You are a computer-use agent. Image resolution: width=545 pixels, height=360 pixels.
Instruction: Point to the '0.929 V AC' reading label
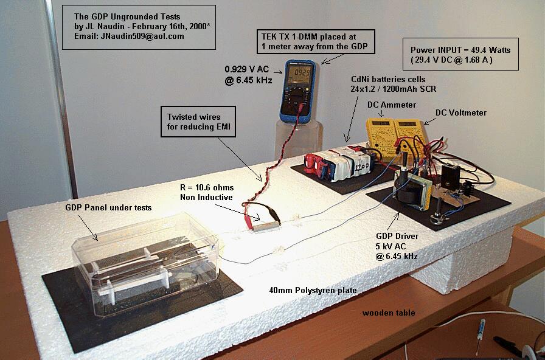point(246,69)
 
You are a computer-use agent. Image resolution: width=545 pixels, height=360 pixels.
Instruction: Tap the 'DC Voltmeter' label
point(461,112)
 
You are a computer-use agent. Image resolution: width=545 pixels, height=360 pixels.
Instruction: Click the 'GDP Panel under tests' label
point(108,207)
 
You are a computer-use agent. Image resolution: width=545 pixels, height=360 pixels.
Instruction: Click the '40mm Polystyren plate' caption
point(313,289)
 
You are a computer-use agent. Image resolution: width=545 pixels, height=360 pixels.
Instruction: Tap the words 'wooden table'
point(389,313)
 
